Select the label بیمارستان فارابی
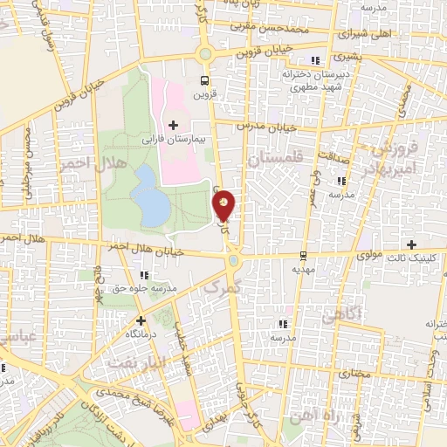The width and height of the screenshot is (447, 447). tap(174, 139)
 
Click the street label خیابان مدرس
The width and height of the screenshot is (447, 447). tap(272, 127)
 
